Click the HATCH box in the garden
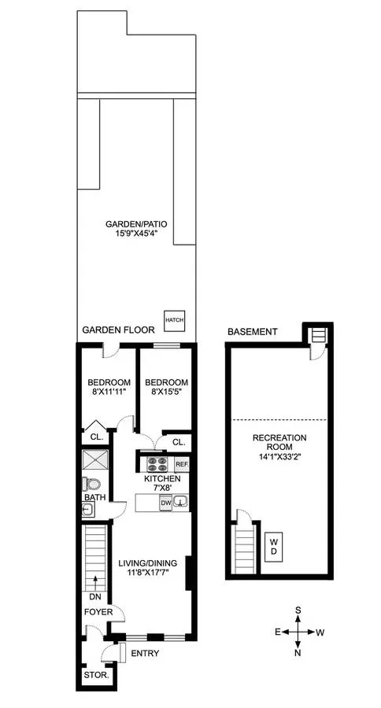(172, 319)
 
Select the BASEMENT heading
(252, 332)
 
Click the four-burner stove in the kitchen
(155, 464)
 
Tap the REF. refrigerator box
(181, 465)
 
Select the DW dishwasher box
(166, 501)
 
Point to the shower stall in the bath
(93, 459)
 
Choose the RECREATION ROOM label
(279, 437)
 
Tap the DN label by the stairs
(96, 596)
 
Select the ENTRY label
(145, 653)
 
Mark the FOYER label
(100, 612)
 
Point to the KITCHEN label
(162, 478)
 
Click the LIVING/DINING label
(146, 563)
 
